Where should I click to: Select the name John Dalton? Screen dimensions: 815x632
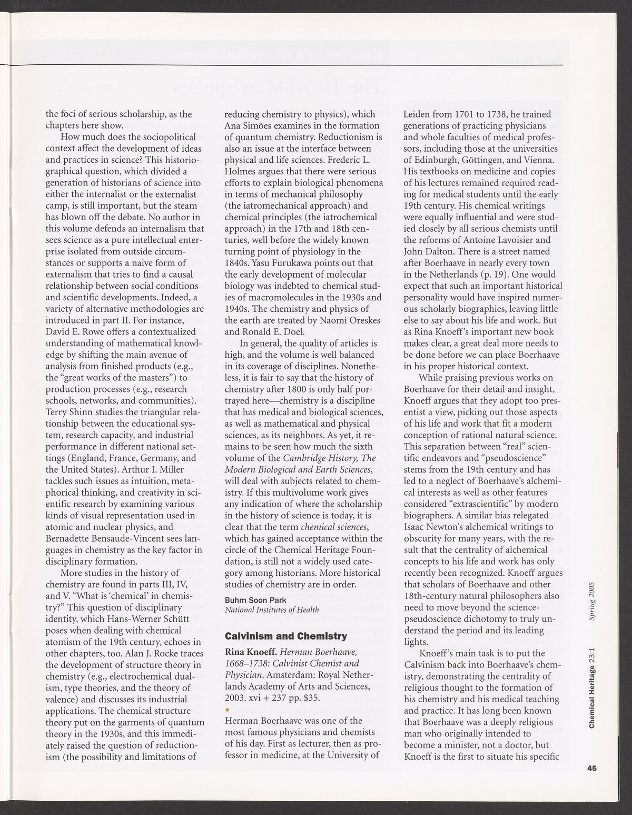427,251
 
